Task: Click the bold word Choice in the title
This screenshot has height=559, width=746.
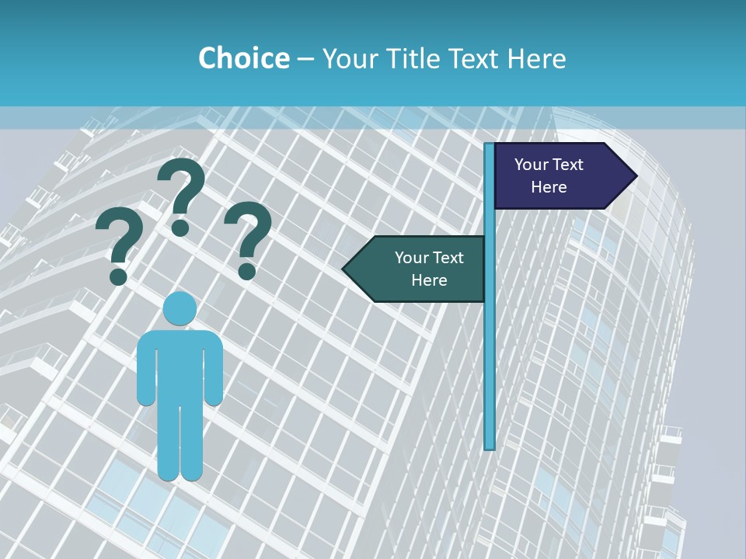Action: pos(243,58)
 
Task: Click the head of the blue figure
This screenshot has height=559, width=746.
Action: pos(180,309)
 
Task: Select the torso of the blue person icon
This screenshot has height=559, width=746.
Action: pos(180,365)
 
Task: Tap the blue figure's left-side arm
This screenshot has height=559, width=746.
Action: pos(146,369)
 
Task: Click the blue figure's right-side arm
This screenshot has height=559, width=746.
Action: pos(214,369)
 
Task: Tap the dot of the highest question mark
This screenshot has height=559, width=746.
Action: pos(180,227)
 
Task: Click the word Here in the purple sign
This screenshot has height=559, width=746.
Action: pos(549,187)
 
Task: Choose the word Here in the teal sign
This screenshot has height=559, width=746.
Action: pos(429,280)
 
